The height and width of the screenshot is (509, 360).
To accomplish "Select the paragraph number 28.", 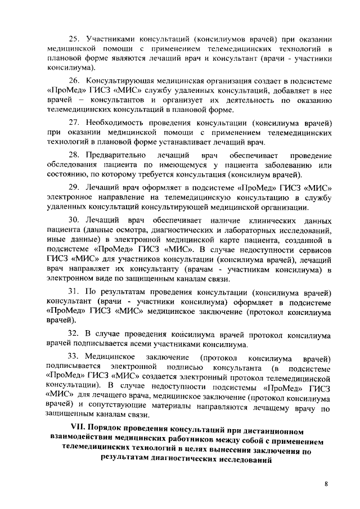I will [x=74, y=155].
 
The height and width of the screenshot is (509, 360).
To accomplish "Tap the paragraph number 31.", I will [x=74, y=292].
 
